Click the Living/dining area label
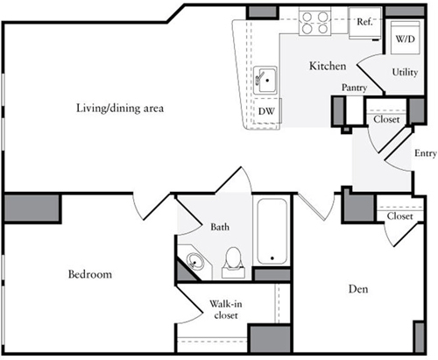[x=120, y=109]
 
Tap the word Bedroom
[x=90, y=274]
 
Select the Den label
[x=358, y=289]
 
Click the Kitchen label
[x=328, y=66]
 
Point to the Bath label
[x=220, y=227]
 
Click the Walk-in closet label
[x=226, y=309]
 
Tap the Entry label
[x=426, y=153]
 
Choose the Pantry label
[x=354, y=88]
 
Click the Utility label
[x=405, y=72]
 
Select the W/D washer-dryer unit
[x=405, y=38]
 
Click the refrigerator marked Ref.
[x=365, y=23]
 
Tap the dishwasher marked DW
[x=267, y=111]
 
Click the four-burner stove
[x=314, y=23]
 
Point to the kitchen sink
[x=265, y=81]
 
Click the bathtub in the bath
[x=272, y=231]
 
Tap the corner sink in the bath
[x=194, y=260]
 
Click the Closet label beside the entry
[x=386, y=119]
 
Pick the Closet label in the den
[x=399, y=216]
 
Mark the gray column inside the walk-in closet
[x=270, y=338]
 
